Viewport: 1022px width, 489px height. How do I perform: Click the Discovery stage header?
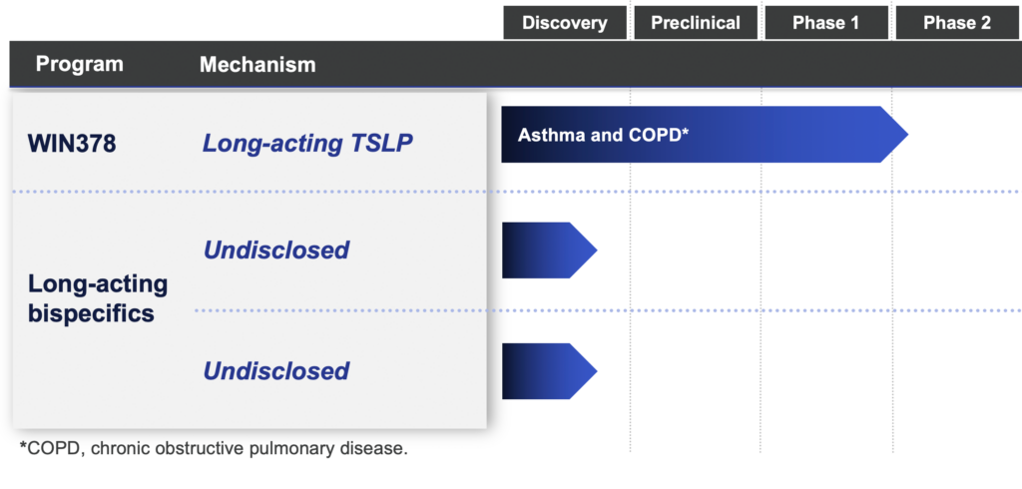coord(565,23)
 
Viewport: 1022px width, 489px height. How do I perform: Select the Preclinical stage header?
coord(696,23)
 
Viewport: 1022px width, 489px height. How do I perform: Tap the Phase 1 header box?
coord(825,23)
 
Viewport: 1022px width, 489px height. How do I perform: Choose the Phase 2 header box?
coord(957,23)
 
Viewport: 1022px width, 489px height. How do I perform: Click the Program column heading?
coord(80,64)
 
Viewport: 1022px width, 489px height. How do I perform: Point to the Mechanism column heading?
coord(257,65)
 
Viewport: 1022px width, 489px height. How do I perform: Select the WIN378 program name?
coord(72,144)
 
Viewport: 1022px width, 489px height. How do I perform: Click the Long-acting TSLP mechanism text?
coord(307,144)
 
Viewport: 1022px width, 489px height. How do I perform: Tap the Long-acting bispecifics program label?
coord(98,298)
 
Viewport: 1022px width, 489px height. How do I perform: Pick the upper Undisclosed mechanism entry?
coord(276,249)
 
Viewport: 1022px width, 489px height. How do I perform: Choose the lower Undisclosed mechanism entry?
coord(276,371)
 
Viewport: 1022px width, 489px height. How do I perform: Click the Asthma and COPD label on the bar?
coord(600,135)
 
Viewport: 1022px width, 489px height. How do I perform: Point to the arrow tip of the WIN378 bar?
coord(908,135)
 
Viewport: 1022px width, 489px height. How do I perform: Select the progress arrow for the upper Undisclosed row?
coord(550,250)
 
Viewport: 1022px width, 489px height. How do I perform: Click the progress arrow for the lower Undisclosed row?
coord(550,371)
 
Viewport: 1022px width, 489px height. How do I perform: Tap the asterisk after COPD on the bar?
coord(686,131)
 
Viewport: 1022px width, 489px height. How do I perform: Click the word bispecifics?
coord(91,313)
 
